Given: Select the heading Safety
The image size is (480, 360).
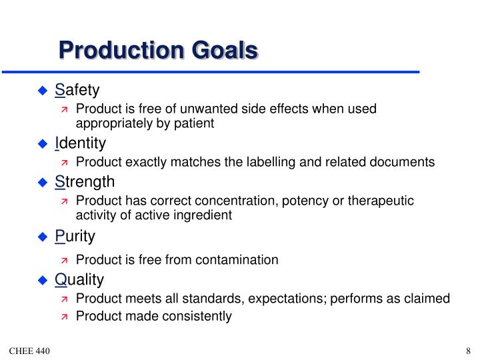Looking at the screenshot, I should tap(77, 89).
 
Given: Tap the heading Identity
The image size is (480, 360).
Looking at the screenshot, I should tap(80, 143).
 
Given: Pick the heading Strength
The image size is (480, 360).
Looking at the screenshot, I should tap(85, 181).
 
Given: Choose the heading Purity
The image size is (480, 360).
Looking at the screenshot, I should tap(75, 236).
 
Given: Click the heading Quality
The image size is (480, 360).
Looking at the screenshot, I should tap(79, 279).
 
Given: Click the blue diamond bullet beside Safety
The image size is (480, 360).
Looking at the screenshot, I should tap(43, 90).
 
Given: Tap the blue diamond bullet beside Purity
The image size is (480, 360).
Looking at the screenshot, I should tap(43, 237).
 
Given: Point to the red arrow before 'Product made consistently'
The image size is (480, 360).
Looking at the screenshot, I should tap(65, 317).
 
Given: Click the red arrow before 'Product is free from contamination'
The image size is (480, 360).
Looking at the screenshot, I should tap(65, 260).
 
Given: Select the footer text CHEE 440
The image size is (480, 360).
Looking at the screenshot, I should tap(29, 351).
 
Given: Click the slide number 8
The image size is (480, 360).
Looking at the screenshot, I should tap(469, 351).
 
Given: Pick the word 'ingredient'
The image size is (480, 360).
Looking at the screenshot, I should tap(203, 215).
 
